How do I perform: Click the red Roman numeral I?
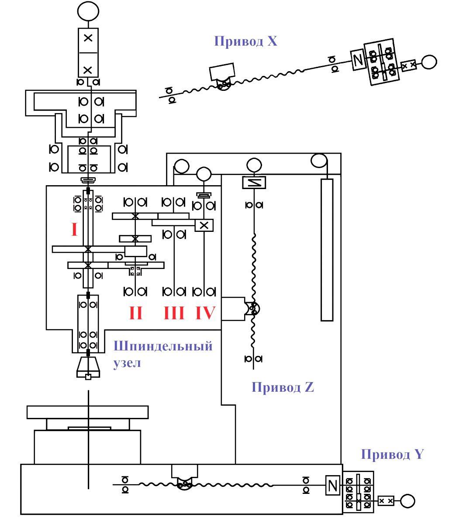click(x=74, y=229)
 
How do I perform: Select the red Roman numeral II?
click(x=136, y=313)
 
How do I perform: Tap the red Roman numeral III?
click(x=174, y=313)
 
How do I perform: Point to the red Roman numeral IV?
click(x=205, y=313)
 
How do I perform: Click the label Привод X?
click(x=245, y=41)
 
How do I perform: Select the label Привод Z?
click(x=283, y=387)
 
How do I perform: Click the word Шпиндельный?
click(x=163, y=346)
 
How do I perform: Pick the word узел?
click(x=127, y=363)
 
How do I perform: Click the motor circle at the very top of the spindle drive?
click(x=88, y=11)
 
